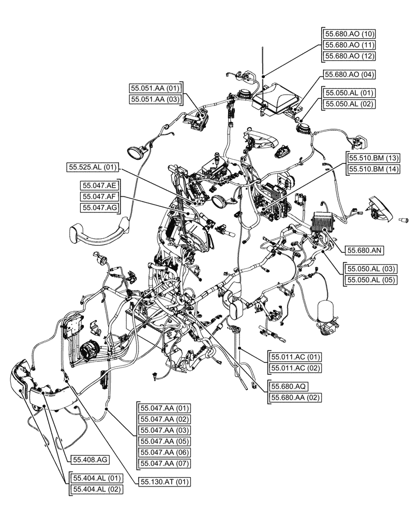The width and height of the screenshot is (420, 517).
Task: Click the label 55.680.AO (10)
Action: click(349, 33)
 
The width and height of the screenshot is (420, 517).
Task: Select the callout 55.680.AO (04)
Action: click(349, 74)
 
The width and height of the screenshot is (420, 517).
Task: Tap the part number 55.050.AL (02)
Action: click(349, 104)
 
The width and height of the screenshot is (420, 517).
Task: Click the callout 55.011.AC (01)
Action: click(295, 357)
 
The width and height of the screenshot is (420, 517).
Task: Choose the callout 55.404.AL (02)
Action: click(97, 489)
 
